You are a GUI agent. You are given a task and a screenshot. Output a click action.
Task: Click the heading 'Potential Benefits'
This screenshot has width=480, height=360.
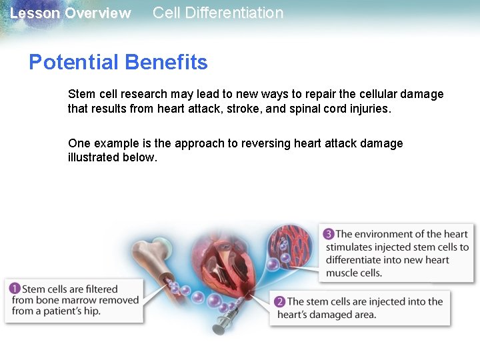(118, 63)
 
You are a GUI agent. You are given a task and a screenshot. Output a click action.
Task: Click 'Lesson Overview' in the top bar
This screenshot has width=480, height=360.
(71, 13)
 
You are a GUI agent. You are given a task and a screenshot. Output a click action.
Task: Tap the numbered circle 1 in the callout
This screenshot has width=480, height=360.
(15, 289)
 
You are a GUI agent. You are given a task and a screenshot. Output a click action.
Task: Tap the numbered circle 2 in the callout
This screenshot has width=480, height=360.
(280, 302)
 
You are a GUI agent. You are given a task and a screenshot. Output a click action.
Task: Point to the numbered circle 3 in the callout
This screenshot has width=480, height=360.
(329, 234)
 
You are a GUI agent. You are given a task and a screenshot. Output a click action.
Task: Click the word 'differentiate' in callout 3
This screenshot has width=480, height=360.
(357, 260)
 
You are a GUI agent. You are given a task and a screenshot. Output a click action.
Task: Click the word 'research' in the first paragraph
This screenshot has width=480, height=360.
(144, 95)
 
